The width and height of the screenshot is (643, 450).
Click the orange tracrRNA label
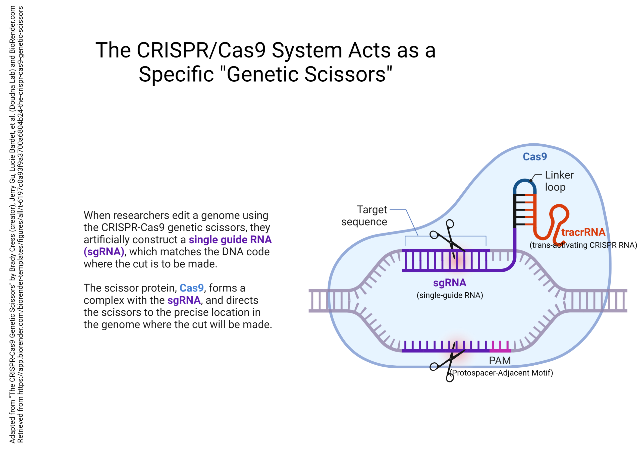pyautogui.click(x=583, y=232)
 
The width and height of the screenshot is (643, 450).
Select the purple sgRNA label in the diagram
pyautogui.click(x=450, y=283)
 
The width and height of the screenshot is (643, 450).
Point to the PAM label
pyautogui.click(x=500, y=361)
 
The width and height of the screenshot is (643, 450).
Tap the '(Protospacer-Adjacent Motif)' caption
pyautogui.click(x=502, y=373)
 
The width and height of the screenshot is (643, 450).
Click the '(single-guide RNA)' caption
pyautogui.click(x=450, y=295)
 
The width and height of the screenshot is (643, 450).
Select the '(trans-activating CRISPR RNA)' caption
pyautogui.click(x=583, y=245)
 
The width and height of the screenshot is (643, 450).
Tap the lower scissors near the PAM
pyautogui.click(x=448, y=363)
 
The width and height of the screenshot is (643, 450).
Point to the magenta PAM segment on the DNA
pyautogui.click(x=500, y=350)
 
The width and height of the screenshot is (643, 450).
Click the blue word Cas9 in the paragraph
pyautogui.click(x=191, y=288)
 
